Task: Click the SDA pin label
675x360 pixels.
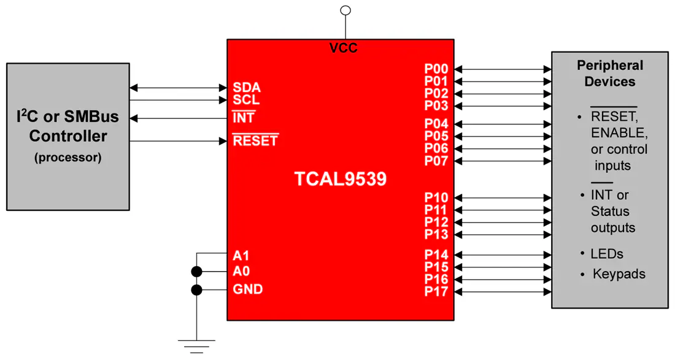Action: pyautogui.click(x=247, y=87)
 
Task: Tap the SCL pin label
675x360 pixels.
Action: pyautogui.click(x=246, y=100)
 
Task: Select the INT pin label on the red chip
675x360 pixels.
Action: pyautogui.click(x=244, y=117)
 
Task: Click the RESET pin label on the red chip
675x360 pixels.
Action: pyautogui.click(x=255, y=140)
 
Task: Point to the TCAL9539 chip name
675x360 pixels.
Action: pyautogui.click(x=341, y=179)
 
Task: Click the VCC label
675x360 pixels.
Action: pyautogui.click(x=343, y=48)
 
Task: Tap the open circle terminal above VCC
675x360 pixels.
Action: pyautogui.click(x=345, y=10)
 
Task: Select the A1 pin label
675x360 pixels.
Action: pyautogui.click(x=241, y=256)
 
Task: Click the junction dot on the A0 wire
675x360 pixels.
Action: pyautogui.click(x=197, y=272)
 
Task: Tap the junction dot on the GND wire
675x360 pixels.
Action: pyautogui.click(x=197, y=290)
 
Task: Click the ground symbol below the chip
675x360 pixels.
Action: pyautogui.click(x=197, y=347)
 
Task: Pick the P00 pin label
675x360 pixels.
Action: pyautogui.click(x=436, y=69)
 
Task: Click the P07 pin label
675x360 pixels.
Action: pyautogui.click(x=436, y=161)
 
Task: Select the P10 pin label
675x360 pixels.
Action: pyautogui.click(x=436, y=197)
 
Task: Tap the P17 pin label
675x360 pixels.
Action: pyautogui.click(x=436, y=291)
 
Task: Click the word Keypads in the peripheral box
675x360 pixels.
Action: pyautogui.click(x=619, y=274)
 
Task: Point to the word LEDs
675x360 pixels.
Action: pyautogui.click(x=607, y=254)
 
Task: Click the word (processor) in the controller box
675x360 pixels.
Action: pyautogui.click(x=68, y=158)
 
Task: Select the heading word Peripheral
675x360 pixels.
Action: pyautogui.click(x=610, y=66)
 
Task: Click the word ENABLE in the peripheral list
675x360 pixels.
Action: pyautogui.click(x=619, y=133)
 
